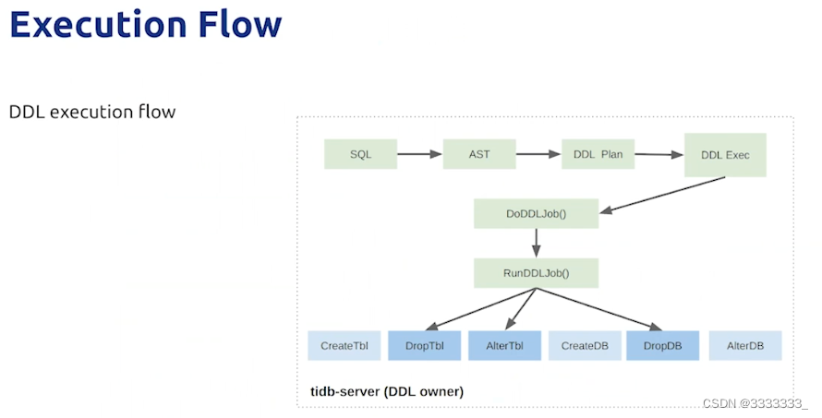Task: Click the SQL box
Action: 361,154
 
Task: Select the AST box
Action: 479,154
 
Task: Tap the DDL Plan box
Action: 598,154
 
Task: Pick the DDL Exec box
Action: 726,155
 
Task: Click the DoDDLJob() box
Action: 537,214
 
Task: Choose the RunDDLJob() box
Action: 537,273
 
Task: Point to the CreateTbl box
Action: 345,346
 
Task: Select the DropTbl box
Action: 425,346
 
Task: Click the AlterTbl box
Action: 505,346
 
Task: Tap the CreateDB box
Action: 585,346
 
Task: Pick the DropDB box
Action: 662,346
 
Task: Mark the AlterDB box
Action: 745,346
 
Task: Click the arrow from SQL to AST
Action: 420,154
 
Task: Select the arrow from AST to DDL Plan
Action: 538,154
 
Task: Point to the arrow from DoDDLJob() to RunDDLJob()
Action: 537,243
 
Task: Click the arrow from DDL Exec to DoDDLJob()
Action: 662,195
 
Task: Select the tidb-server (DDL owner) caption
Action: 387,391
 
